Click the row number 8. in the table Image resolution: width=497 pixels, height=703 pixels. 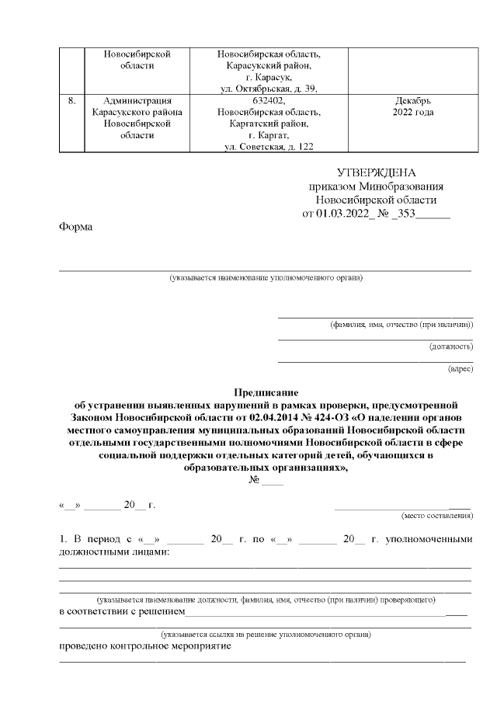point(71,100)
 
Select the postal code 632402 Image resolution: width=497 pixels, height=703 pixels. point(269,100)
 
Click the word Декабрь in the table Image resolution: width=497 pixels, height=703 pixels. point(408,100)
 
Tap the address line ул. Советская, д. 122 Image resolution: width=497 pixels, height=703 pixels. point(269,146)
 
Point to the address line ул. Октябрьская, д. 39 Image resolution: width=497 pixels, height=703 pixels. point(269,89)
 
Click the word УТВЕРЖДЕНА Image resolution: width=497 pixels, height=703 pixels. point(376,172)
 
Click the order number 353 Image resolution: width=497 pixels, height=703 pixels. point(405,213)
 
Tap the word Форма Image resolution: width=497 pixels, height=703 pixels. point(75,227)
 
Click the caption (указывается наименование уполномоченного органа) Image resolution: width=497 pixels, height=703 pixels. point(266,277)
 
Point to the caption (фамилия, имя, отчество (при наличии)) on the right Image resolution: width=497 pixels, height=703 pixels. point(401,323)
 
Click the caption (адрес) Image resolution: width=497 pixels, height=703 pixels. point(460,369)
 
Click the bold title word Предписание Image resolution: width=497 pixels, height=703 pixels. point(266,393)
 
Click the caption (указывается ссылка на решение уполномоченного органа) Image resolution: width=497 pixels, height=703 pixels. point(266,635)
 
